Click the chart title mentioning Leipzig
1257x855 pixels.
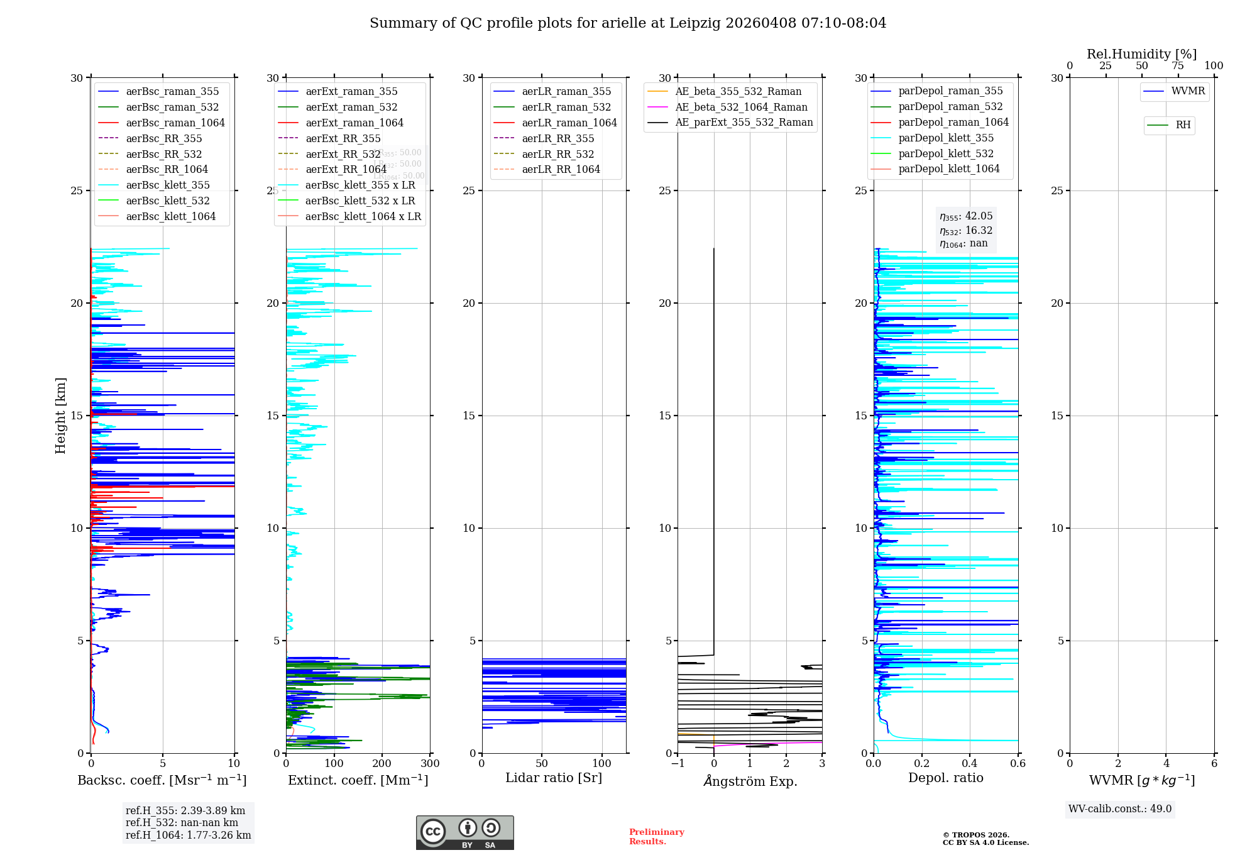[x=628, y=23]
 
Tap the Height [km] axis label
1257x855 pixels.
[x=60, y=415]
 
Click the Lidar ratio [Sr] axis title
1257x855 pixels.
[x=554, y=778]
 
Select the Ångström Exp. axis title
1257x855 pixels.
[x=750, y=781]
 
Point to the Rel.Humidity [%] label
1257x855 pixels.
[x=1141, y=54]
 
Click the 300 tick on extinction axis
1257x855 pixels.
[x=431, y=764]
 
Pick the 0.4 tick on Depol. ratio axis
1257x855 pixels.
[x=970, y=764]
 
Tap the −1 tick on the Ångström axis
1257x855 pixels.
[x=678, y=764]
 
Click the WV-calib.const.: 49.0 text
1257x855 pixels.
[x=1120, y=809]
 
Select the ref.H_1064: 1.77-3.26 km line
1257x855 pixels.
[x=188, y=836]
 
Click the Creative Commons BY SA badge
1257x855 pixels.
[x=464, y=832]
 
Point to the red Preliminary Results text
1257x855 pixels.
[x=656, y=837]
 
